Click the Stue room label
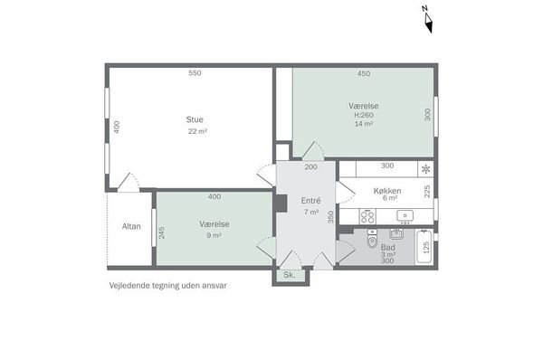pyautogui.click(x=195, y=119)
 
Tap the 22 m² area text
pyautogui.click(x=197, y=131)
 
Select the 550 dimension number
pyautogui.click(x=195, y=73)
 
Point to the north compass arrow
pyautogui.click(x=428, y=20)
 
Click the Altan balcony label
pyautogui.click(x=131, y=226)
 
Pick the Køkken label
pyautogui.click(x=387, y=191)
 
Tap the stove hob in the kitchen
pyautogui.click(x=367, y=217)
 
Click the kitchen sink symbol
pyautogui.click(x=405, y=216)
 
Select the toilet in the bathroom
pyautogui.click(x=372, y=239)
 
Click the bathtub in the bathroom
pyautogui.click(x=424, y=247)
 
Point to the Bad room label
pyautogui.click(x=388, y=247)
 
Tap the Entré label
pyautogui.click(x=310, y=201)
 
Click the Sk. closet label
pyautogui.click(x=290, y=275)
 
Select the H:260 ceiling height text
pyautogui.click(x=364, y=115)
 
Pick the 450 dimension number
pyautogui.click(x=364, y=73)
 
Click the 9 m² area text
pyautogui.click(x=214, y=235)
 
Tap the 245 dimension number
pyautogui.click(x=162, y=232)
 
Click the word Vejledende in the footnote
pyautogui.click(x=127, y=286)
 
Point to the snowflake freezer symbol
pyautogui.click(x=426, y=169)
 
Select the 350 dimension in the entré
pyautogui.click(x=331, y=217)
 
